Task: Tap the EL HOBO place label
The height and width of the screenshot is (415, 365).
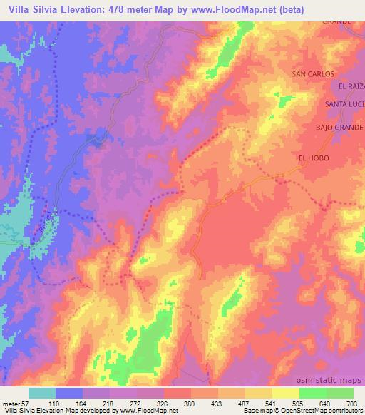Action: coord(314,158)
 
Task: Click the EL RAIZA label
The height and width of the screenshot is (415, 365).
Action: coord(351,86)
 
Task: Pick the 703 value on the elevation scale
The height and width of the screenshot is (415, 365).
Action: coord(353,403)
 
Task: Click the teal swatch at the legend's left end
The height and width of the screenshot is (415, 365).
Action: coord(42,393)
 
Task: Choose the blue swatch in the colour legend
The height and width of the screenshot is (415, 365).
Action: coord(70,393)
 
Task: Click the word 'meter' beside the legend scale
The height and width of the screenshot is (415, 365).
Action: coord(9,403)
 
